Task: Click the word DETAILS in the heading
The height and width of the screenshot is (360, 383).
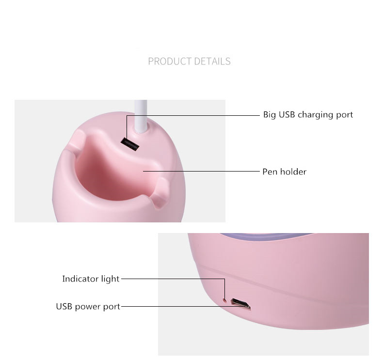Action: tap(212, 62)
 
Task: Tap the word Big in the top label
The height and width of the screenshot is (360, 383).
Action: tap(269, 115)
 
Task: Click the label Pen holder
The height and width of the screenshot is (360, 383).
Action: tap(284, 172)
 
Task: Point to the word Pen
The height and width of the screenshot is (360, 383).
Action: tap(270, 172)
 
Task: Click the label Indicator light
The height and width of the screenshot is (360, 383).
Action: tap(90, 279)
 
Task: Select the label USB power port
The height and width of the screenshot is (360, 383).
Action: tap(88, 306)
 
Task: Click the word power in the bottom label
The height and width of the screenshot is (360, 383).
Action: tap(92, 307)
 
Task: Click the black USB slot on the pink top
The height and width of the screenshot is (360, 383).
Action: tap(130, 143)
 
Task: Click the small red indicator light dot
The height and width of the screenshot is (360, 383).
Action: tap(224, 299)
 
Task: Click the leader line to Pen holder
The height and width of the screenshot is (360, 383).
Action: tap(204, 171)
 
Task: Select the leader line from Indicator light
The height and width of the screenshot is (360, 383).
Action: tap(172, 279)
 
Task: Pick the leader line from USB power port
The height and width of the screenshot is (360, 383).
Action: tap(175, 306)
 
